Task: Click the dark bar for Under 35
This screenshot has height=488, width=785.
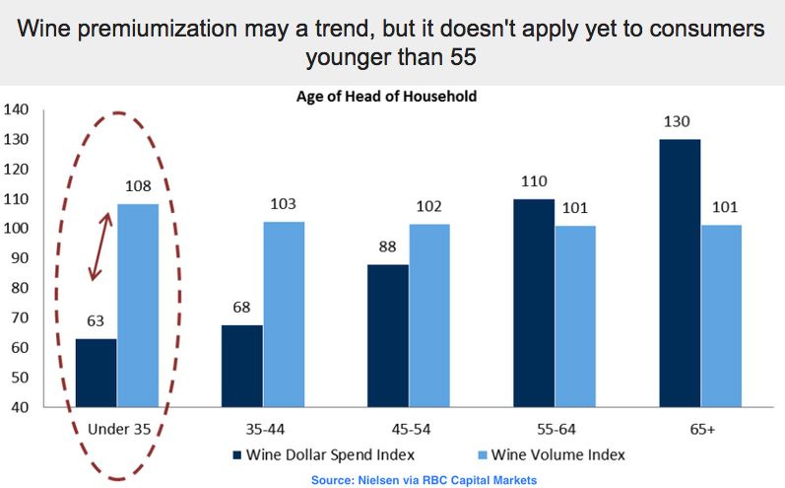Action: coord(96,373)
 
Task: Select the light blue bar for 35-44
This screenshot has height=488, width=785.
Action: coord(284,314)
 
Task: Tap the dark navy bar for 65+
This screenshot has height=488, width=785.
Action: coord(680,272)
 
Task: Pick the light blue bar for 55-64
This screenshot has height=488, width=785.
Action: coord(576,315)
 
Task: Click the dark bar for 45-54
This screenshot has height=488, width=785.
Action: coord(388,335)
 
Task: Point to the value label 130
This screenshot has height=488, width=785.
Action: coord(678,122)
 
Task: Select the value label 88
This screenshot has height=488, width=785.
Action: coord(386,246)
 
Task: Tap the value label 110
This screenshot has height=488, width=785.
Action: coord(532,181)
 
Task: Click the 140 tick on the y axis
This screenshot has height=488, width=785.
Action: coord(17,109)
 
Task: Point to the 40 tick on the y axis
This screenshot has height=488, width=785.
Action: coord(21,407)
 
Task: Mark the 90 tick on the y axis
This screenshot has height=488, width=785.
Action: coord(21,258)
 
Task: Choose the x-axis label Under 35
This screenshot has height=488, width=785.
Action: coord(119,429)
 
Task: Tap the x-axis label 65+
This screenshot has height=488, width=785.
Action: coord(701,429)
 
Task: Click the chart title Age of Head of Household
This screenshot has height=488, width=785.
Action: coord(387,98)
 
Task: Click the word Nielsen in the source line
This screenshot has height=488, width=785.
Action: coord(368,479)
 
